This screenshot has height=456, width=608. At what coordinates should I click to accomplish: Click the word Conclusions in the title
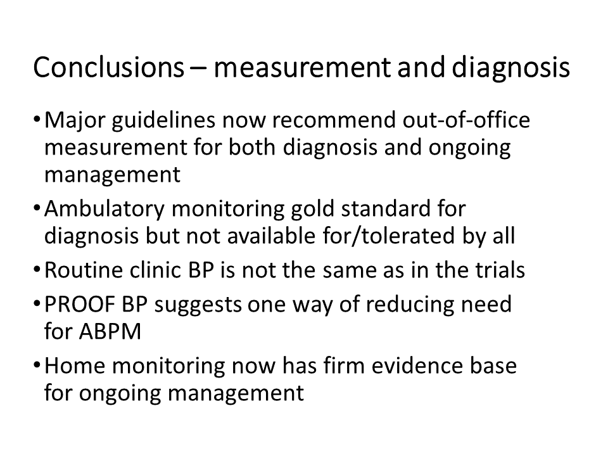(108, 67)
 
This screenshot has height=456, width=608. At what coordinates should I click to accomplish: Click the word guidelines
(163, 121)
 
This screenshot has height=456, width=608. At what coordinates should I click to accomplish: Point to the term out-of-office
(466, 120)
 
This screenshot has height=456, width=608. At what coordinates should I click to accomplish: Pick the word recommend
(334, 120)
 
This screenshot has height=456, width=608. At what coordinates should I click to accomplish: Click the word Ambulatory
(104, 210)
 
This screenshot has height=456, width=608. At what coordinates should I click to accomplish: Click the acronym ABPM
(110, 332)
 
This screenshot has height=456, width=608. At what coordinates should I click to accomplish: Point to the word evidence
(417, 365)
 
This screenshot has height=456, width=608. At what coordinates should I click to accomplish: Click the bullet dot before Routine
(37, 269)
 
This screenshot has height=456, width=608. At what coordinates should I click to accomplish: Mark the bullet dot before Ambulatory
(37, 207)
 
